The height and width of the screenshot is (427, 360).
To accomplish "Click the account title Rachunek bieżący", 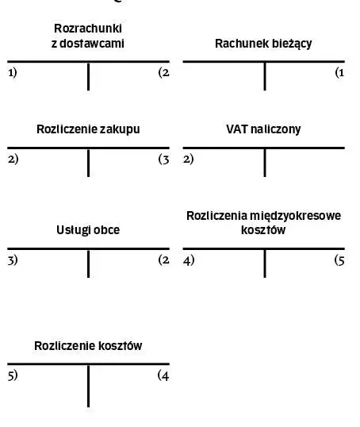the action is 263,44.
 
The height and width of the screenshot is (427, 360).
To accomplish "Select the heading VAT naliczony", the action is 263,129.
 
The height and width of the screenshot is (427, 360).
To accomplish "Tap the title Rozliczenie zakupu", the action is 88,129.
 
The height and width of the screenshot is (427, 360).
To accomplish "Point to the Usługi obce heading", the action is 88,230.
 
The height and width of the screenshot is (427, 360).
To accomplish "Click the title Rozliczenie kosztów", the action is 88,346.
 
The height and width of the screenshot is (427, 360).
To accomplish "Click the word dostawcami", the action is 92,44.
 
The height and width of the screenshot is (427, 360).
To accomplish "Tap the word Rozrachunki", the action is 88,29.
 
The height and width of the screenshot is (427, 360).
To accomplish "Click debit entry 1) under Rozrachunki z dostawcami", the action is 13,73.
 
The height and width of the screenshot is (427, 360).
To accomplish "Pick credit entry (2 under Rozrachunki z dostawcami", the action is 164,73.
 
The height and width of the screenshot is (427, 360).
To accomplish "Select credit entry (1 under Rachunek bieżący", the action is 340,73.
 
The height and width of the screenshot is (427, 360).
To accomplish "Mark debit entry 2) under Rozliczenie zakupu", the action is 13,159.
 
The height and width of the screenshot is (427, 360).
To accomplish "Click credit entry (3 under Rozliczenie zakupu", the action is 164,160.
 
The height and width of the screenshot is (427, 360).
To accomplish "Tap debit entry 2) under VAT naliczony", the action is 188,159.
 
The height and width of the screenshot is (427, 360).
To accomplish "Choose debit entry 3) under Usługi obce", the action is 13,260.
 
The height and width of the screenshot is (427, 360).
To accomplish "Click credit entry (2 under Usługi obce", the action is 164,260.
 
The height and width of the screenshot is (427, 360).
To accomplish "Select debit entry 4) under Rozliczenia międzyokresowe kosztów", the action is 189,260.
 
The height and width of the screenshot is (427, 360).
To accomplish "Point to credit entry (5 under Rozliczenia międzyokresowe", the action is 339,260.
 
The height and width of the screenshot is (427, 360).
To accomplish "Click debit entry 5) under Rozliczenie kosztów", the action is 13,375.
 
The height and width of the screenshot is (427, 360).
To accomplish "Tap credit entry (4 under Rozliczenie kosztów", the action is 163,375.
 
